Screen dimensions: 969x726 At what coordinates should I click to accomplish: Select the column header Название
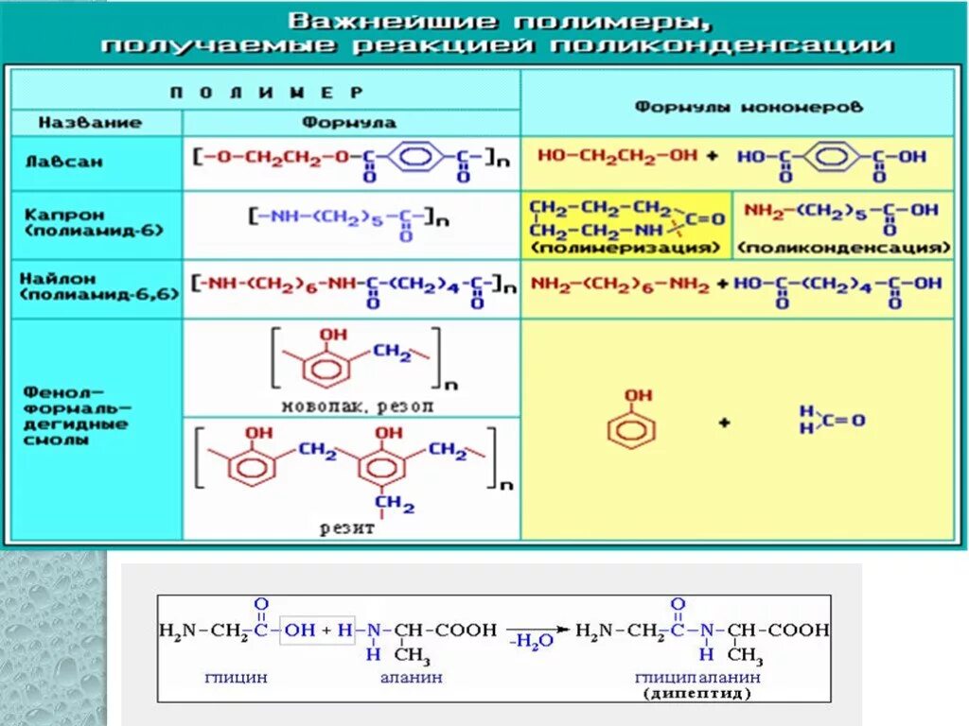click(x=90, y=123)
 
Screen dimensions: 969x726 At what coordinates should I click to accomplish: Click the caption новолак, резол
click(x=358, y=406)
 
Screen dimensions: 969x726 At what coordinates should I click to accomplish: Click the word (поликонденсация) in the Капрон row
click(x=844, y=247)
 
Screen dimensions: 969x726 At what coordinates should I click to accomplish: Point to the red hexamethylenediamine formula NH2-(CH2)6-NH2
click(x=620, y=284)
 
